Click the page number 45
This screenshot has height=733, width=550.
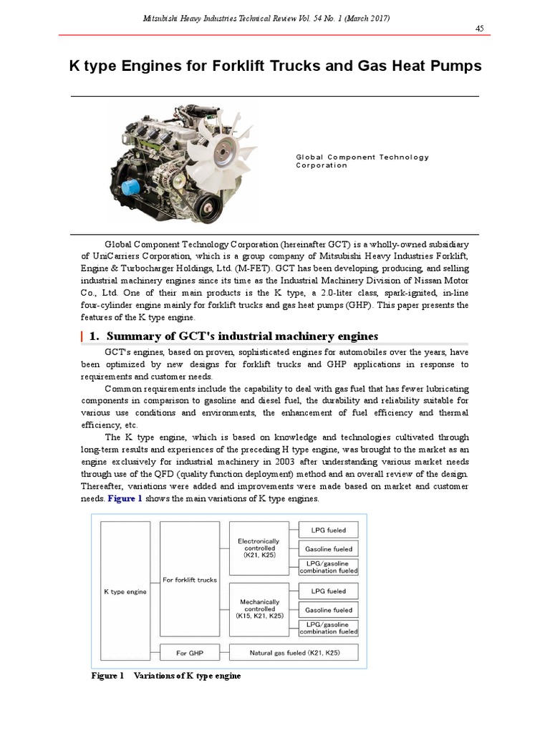pos(480,28)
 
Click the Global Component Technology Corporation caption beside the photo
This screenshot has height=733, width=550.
pos(362,161)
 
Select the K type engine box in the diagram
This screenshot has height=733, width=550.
pos(126,591)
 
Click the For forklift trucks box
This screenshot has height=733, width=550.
pos(190,579)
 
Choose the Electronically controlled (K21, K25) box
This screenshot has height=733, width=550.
pos(259,548)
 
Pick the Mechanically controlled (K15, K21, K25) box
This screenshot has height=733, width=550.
pos(259,609)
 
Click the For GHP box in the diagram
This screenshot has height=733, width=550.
pos(190,653)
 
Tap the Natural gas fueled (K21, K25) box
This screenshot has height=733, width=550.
pos(294,653)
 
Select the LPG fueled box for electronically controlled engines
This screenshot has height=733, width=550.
pos(328,530)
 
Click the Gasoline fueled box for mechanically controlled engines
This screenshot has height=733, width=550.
pos(328,610)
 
